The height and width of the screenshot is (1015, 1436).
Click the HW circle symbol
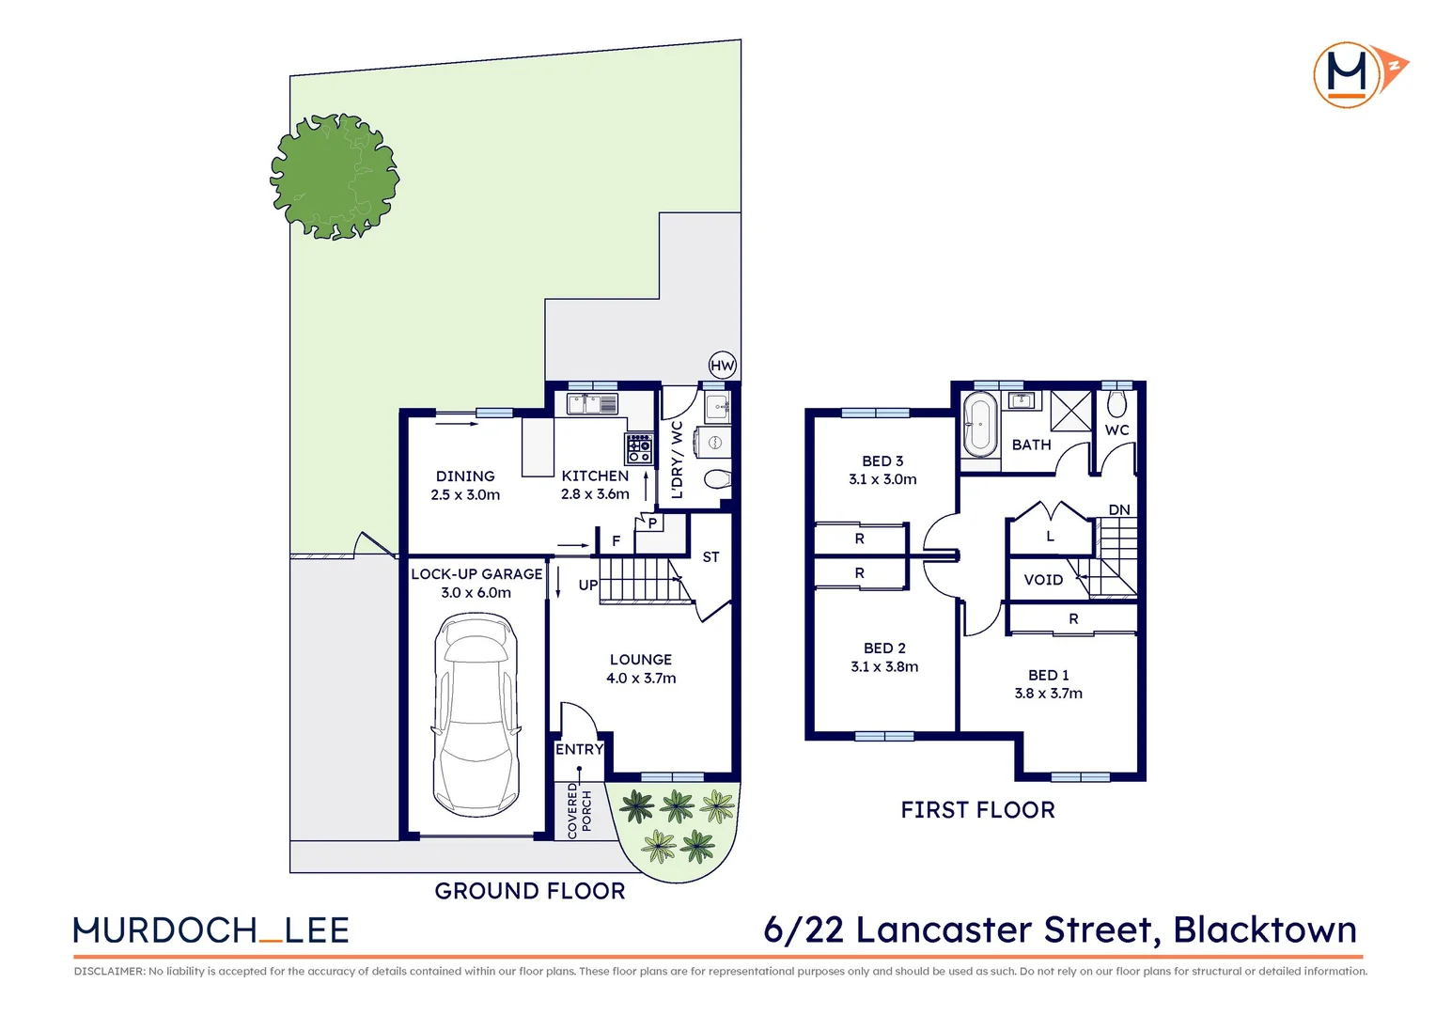(722, 366)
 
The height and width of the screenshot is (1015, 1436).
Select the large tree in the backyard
(335, 176)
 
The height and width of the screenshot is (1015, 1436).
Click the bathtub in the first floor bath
(979, 424)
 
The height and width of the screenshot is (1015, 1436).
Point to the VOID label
(1043, 580)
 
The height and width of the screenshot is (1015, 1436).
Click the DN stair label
(1118, 510)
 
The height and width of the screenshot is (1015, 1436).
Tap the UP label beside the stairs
(588, 585)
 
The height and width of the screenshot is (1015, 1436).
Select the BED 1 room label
(1048, 675)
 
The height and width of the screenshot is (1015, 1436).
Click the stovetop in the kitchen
(639, 448)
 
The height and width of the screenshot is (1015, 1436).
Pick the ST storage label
(710, 557)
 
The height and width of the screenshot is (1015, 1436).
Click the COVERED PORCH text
(579, 810)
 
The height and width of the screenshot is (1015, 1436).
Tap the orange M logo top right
(1350, 74)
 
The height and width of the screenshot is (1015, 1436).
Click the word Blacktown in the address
(1265, 929)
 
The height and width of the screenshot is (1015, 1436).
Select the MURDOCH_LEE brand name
(211, 930)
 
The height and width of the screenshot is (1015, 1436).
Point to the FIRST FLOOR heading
(977, 810)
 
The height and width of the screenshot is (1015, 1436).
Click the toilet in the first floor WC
(1116, 404)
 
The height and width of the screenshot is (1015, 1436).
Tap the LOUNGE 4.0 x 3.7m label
(641, 669)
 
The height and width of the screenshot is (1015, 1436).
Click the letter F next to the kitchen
(617, 541)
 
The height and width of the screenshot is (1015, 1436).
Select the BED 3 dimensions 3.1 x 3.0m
(882, 479)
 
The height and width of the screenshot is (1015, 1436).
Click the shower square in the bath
(1071, 411)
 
